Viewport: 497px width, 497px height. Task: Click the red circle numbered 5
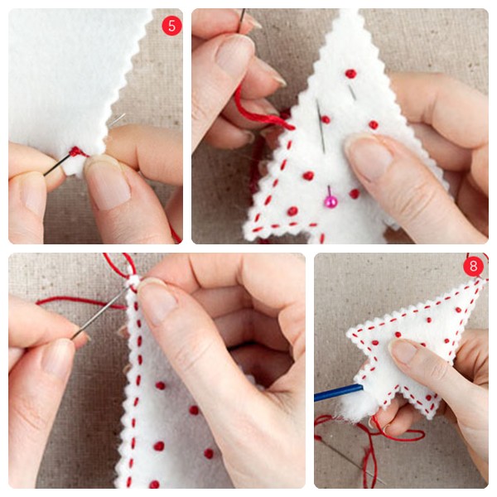click(171, 26)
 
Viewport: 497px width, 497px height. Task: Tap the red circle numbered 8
click(473, 266)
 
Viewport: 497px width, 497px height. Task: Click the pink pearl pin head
click(331, 201)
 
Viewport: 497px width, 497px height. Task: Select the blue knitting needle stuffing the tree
click(339, 392)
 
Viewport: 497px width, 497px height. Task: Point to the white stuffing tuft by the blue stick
click(352, 409)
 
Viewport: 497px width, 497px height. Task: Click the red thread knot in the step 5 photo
click(75, 152)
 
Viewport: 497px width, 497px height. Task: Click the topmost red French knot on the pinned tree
click(350, 74)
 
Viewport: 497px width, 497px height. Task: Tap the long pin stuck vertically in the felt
click(321, 126)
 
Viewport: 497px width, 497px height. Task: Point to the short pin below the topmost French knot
click(352, 92)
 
